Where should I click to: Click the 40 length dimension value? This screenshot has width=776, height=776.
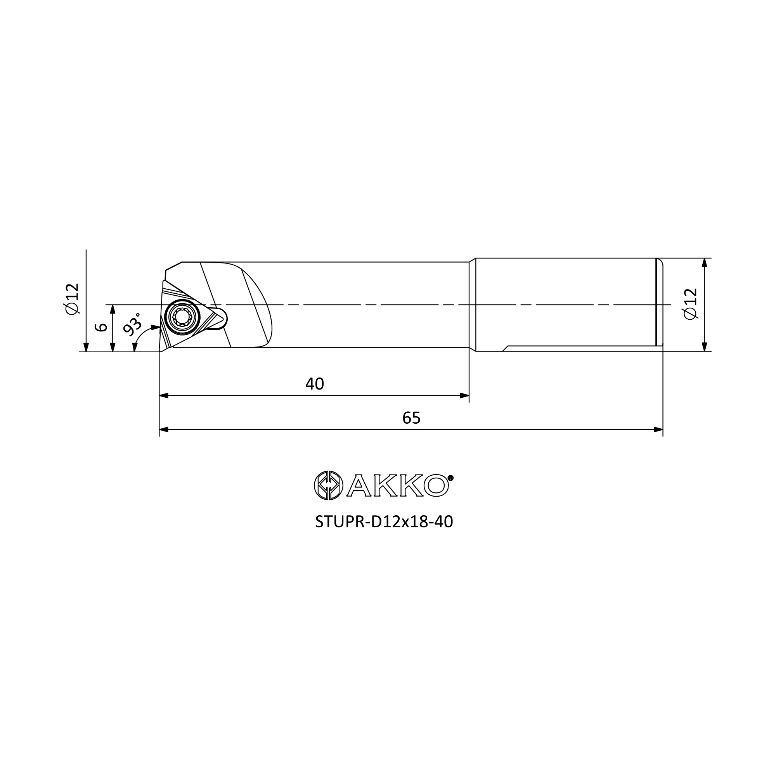pyautogui.click(x=315, y=384)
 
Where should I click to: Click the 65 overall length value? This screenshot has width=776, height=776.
pyautogui.click(x=411, y=418)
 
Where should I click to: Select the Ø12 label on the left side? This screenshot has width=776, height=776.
pyautogui.click(x=73, y=299)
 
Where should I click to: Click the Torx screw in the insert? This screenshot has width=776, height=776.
pyautogui.click(x=182, y=317)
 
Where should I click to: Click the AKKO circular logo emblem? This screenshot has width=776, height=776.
pyautogui.click(x=329, y=486)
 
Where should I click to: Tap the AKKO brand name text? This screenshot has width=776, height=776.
pyautogui.click(x=398, y=486)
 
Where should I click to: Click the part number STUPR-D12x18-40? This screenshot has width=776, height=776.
pyautogui.click(x=384, y=522)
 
